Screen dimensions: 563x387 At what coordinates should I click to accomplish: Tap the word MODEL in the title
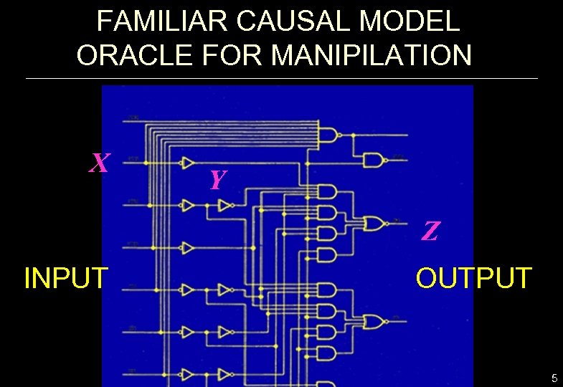coord(410,21)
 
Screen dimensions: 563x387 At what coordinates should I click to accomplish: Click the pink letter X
coord(100,164)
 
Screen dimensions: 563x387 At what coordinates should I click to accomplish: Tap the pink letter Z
coord(430,231)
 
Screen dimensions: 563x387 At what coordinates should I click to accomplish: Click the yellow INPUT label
coord(66,277)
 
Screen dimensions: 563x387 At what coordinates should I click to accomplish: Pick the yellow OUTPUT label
coord(474,277)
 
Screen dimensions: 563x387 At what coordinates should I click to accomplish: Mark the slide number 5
coord(554,378)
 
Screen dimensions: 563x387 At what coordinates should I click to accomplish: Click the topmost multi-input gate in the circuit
coord(329,134)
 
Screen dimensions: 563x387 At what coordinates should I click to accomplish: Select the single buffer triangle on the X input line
coord(188,163)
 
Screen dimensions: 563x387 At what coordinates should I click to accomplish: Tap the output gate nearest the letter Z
coord(374,224)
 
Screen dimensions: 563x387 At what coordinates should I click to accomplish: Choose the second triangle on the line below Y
coord(225,206)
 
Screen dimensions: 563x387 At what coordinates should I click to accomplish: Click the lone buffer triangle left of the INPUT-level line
coord(188,248)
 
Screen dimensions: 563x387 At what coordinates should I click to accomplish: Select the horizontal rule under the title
coord(281,78)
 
